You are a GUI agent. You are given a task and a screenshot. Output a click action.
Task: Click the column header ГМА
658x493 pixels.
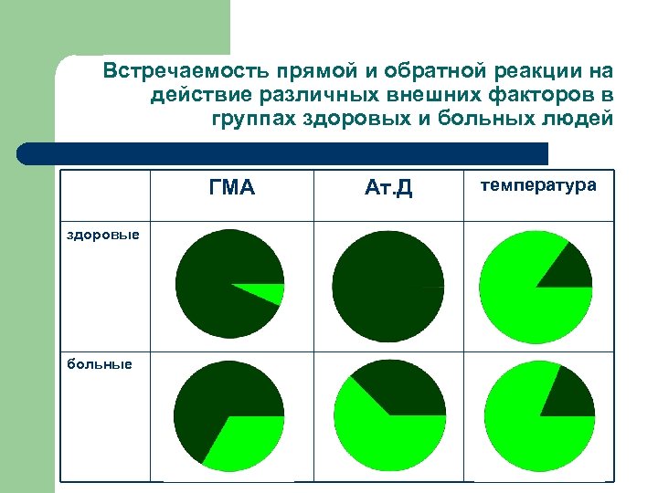(x=231, y=188)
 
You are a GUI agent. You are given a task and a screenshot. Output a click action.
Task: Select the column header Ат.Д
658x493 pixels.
(x=388, y=189)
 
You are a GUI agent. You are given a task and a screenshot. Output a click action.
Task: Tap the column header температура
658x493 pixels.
(x=538, y=185)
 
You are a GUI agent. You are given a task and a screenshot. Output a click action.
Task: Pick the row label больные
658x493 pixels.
(x=99, y=364)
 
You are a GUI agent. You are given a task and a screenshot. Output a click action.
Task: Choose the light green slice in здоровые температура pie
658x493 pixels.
(x=521, y=301)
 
